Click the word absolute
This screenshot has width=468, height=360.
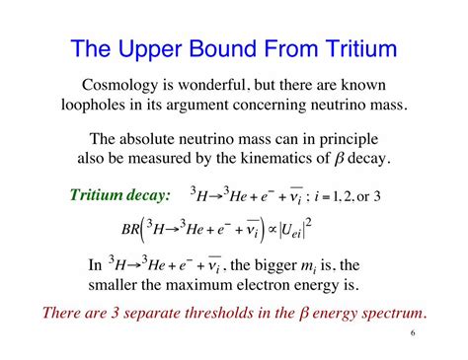[x=176, y=140]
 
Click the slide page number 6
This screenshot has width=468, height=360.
[x=411, y=335]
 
